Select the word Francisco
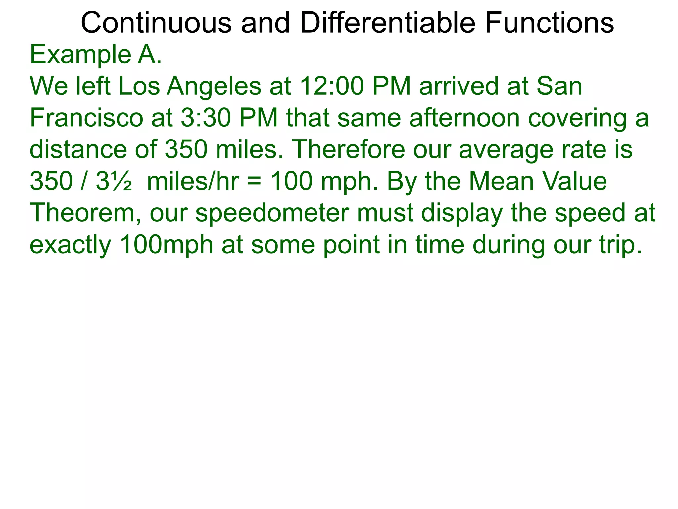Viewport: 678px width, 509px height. coord(86,118)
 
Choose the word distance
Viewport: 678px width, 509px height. coord(78,149)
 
